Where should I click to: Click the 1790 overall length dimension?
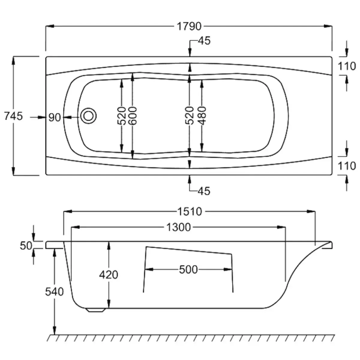(189, 26)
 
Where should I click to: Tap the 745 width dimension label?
(13, 116)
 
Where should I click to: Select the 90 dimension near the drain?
(55, 118)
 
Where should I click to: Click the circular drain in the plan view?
(88, 116)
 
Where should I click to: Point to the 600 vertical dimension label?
(133, 115)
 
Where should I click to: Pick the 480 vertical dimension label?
(202, 115)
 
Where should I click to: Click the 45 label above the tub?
(204, 41)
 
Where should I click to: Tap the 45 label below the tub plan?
(204, 191)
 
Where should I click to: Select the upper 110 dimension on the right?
(347, 66)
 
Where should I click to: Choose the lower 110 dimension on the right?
(347, 166)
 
